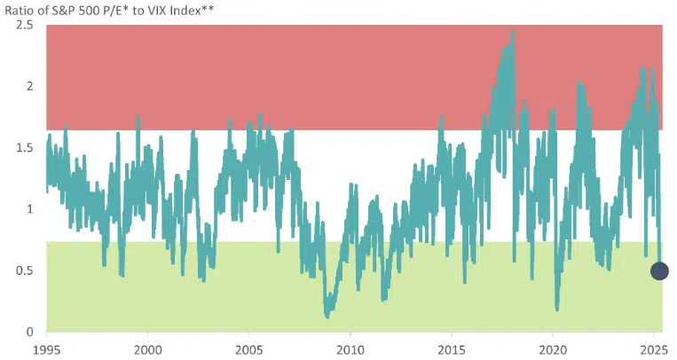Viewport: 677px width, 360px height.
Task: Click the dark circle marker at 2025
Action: pyautogui.click(x=659, y=271)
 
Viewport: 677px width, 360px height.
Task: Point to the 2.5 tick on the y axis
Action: pyautogui.click(x=25, y=25)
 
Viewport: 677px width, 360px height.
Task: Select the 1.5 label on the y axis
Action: pyautogui.click(x=25, y=147)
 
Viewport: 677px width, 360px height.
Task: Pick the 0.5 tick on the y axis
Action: pyautogui.click(x=25, y=270)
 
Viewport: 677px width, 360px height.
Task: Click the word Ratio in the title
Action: pyautogui.click(x=21, y=9)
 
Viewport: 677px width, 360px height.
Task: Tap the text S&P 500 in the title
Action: pyautogui.click(x=87, y=9)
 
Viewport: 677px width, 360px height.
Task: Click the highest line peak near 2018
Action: pyautogui.click(x=513, y=32)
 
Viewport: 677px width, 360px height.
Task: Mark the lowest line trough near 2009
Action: pyautogui.click(x=327, y=315)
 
